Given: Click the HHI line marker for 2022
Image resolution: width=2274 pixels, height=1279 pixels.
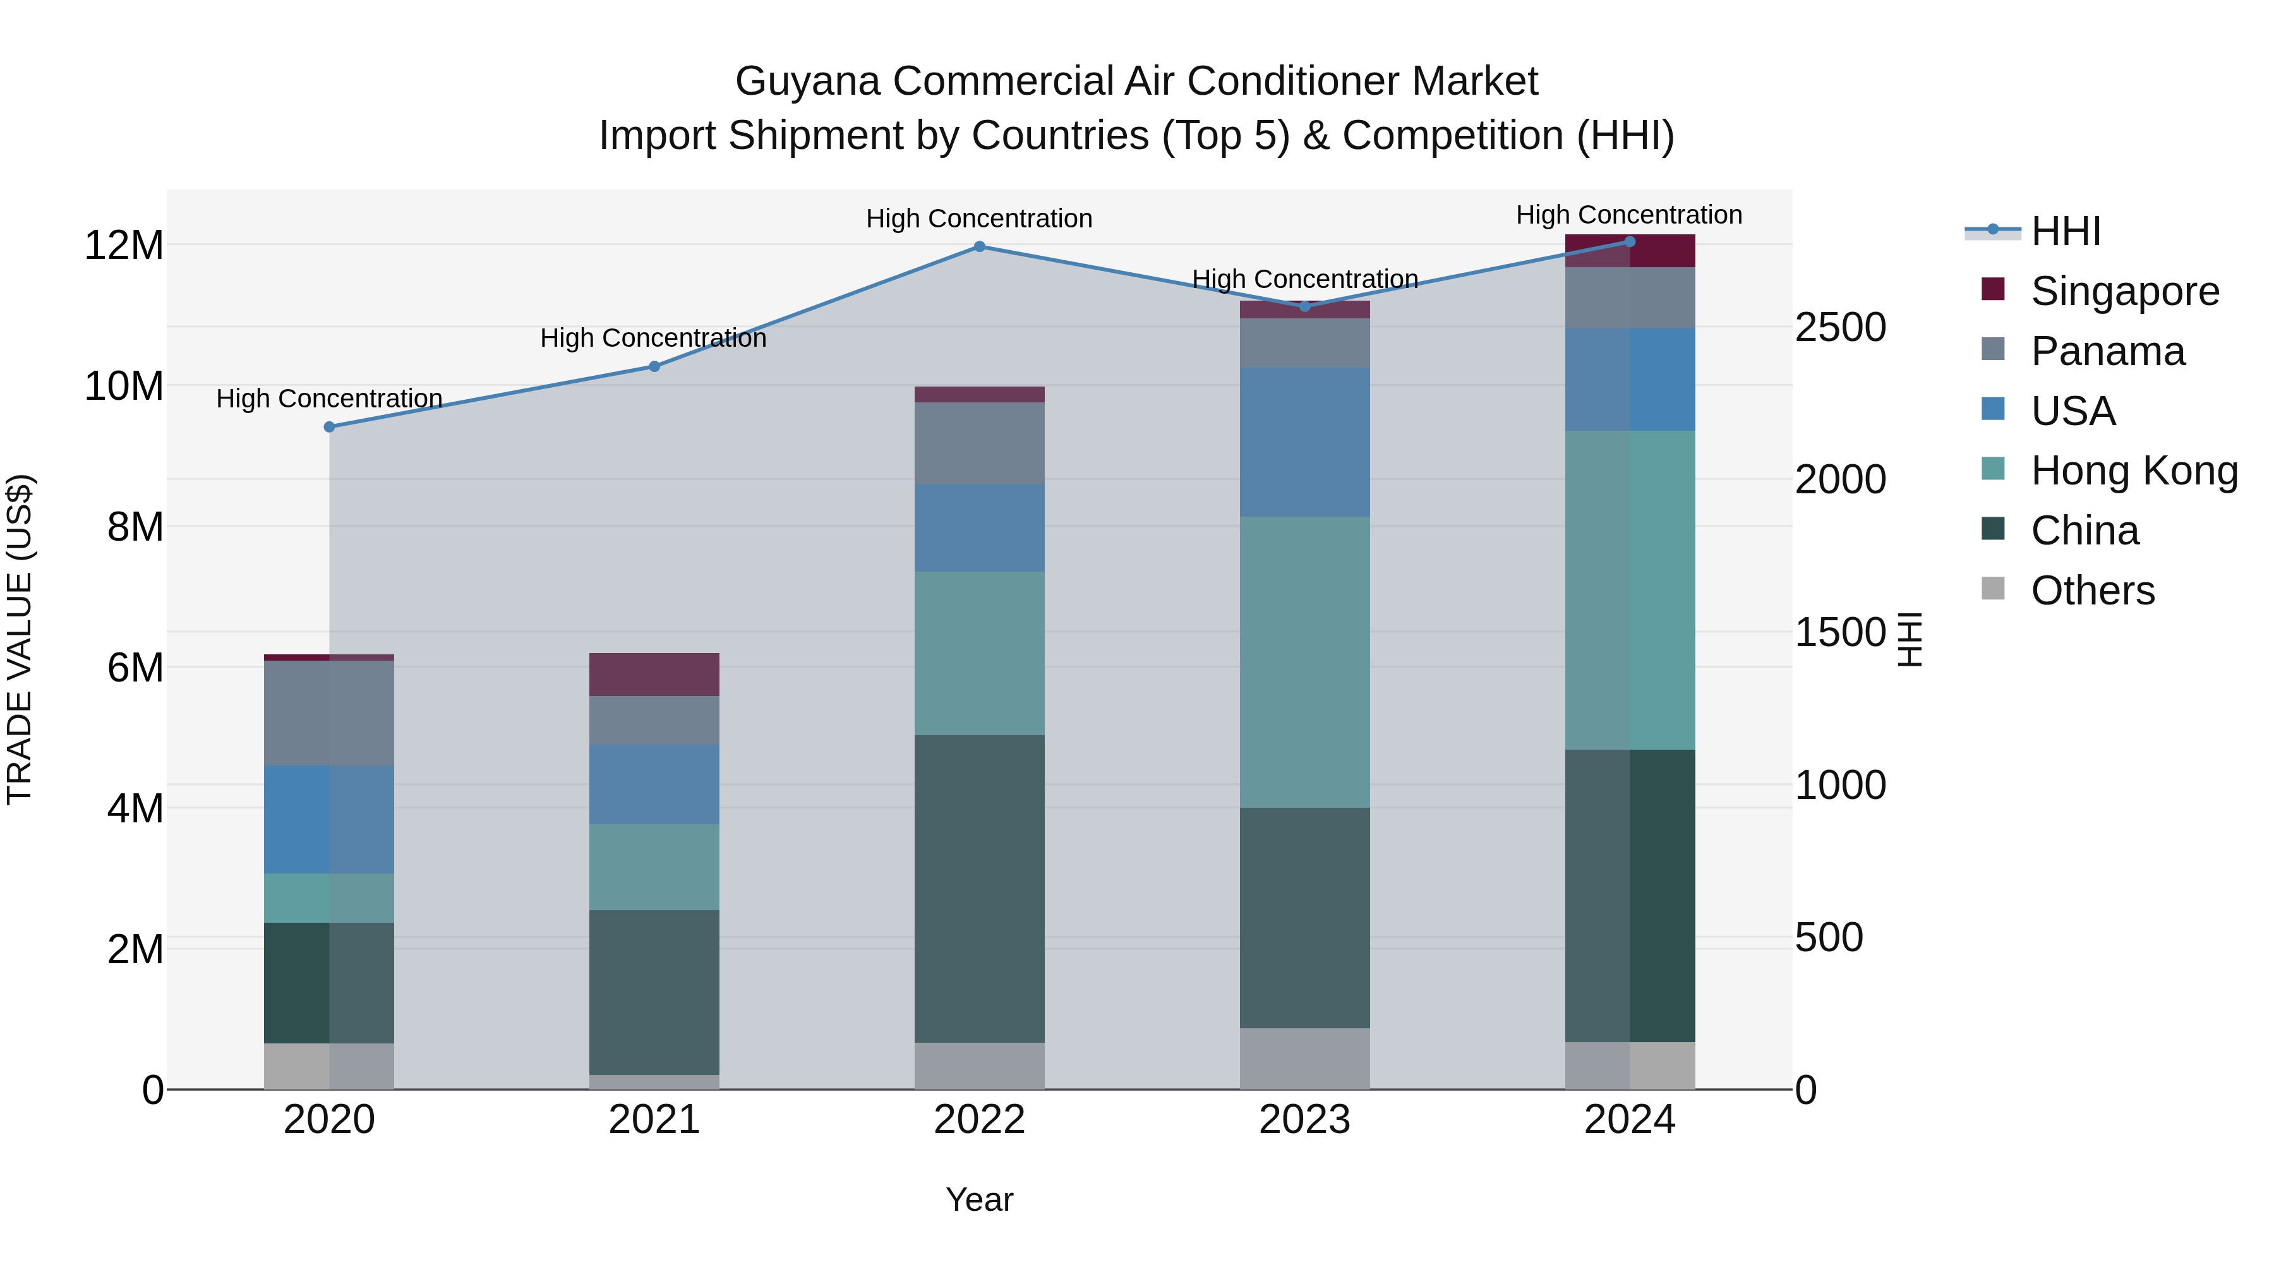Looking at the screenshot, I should [x=979, y=247].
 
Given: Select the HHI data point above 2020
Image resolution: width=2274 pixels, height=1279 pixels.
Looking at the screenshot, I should [x=329, y=427].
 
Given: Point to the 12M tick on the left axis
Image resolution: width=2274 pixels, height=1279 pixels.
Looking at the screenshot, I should [x=124, y=246].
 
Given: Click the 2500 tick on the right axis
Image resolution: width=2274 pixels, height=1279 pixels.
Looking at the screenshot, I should [x=1841, y=327].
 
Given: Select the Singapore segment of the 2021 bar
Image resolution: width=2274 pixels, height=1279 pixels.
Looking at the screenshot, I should [x=654, y=675].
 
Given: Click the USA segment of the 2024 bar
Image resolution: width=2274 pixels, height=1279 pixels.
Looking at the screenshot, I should [x=1630, y=380].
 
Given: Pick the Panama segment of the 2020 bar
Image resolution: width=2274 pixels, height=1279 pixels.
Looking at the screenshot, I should [x=329, y=712].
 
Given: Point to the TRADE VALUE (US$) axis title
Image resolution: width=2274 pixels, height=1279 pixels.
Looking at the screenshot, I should [x=20, y=639].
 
